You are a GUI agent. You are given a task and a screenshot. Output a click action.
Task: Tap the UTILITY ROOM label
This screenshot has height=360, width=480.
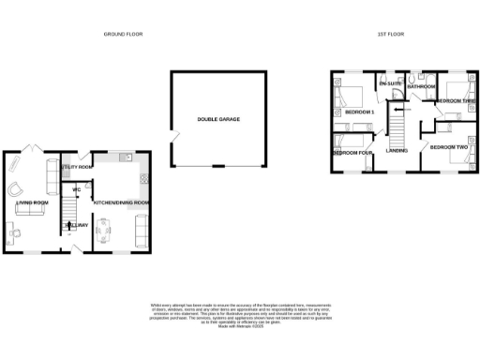pyautogui.click(x=74, y=167)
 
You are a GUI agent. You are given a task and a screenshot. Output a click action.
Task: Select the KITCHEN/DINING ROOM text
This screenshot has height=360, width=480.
pyautogui.click(x=120, y=202)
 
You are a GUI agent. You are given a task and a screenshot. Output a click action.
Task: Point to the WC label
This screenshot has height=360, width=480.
pyautogui.click(x=76, y=190)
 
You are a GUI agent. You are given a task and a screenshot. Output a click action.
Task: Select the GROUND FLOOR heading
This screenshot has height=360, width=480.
pyautogui.click(x=124, y=34)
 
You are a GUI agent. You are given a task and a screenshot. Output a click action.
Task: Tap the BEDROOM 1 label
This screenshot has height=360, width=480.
pyautogui.click(x=359, y=112)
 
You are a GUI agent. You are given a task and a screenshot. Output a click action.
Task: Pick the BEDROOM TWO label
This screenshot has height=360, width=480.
pyautogui.click(x=449, y=147)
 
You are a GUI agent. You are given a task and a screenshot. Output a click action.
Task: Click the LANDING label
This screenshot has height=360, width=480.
pyautogui.click(x=397, y=148)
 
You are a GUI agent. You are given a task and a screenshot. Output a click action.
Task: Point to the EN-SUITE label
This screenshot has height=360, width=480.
pyautogui.click(x=390, y=84)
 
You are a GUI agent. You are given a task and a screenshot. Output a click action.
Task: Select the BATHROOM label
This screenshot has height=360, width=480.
pyautogui.click(x=421, y=86)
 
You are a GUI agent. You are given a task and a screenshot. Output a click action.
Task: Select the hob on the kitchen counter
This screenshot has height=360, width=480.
pyautogui.click(x=142, y=176)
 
